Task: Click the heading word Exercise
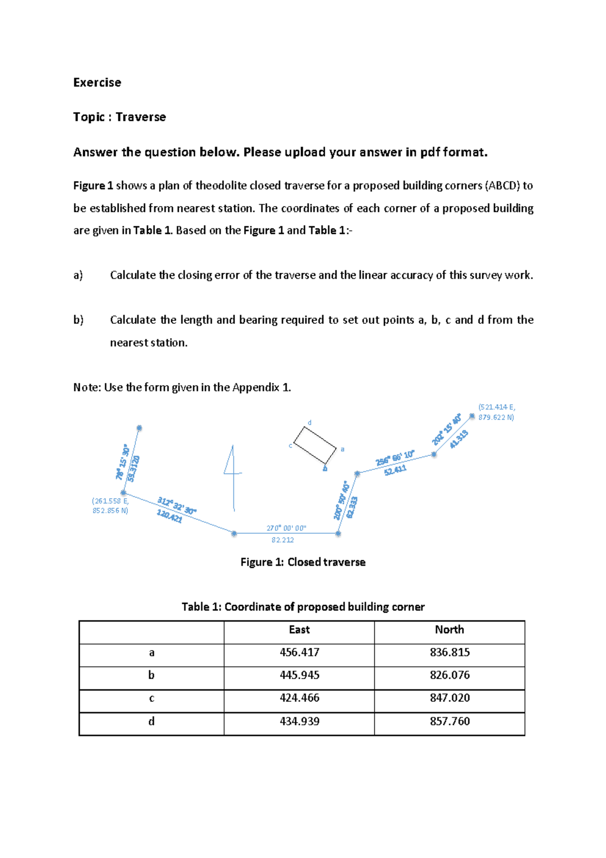[x=97, y=82]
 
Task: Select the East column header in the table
[x=299, y=630]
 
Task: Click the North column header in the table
[x=449, y=630]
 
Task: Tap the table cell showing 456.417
[x=299, y=652]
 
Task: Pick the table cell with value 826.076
[x=449, y=675]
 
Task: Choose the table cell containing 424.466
[x=299, y=698]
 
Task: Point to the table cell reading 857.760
[x=449, y=721]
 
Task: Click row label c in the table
[x=151, y=698]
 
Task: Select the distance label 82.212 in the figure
[x=282, y=540]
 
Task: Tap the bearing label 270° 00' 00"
[x=286, y=528]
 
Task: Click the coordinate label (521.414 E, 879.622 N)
[x=496, y=412]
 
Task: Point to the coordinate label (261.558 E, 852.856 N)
[x=110, y=506]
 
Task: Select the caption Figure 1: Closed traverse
[x=303, y=562]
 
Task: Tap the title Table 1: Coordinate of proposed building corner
[x=303, y=606]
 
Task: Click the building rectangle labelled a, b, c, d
[x=315, y=445]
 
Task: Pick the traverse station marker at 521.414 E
[x=472, y=416]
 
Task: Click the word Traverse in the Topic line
[x=140, y=117]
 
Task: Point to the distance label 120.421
[x=169, y=516]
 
